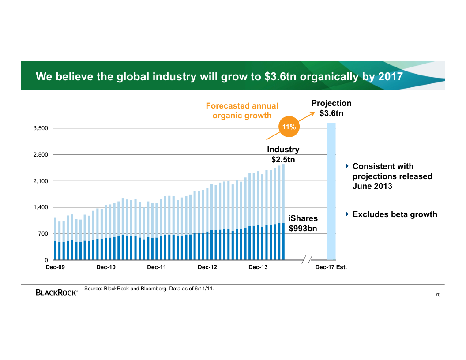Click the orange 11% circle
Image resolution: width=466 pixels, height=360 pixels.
289,127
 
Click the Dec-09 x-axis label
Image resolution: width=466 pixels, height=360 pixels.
55,267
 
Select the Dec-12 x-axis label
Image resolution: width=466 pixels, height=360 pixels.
207,267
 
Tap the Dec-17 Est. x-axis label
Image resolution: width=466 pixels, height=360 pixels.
331,267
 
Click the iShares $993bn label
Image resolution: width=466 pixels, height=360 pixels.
303,224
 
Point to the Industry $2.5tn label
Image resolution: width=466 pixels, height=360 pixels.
283,155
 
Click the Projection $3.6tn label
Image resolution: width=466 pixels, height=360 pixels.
331,108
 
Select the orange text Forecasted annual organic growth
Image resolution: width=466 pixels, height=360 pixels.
242,111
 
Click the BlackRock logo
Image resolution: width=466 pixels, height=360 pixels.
56,292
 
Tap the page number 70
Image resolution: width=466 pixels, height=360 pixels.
438,295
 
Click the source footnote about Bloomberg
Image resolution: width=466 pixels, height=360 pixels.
149,289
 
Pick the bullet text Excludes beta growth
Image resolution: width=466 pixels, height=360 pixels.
395,214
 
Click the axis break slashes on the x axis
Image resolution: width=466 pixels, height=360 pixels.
307,259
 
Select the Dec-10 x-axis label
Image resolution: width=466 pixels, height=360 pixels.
106,267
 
